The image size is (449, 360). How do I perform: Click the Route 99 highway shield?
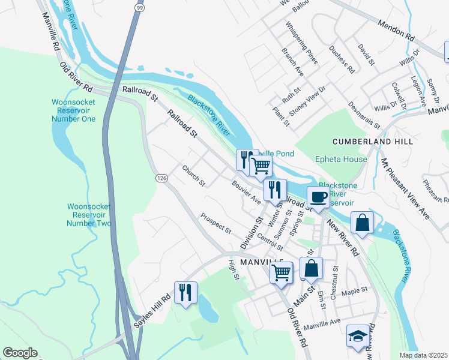[139, 8]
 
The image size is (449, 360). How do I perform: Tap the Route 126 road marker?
[161, 178]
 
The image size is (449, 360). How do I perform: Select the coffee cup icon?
[318, 197]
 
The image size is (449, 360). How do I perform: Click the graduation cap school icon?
[358, 336]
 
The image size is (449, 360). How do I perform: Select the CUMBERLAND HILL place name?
[373, 142]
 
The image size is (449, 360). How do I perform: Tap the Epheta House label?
[341, 159]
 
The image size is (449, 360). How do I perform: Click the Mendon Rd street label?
[396, 31]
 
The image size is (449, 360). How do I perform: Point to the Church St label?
[194, 175]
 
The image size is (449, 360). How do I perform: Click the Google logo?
[20, 353]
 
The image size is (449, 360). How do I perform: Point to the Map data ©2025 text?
[423, 355]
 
